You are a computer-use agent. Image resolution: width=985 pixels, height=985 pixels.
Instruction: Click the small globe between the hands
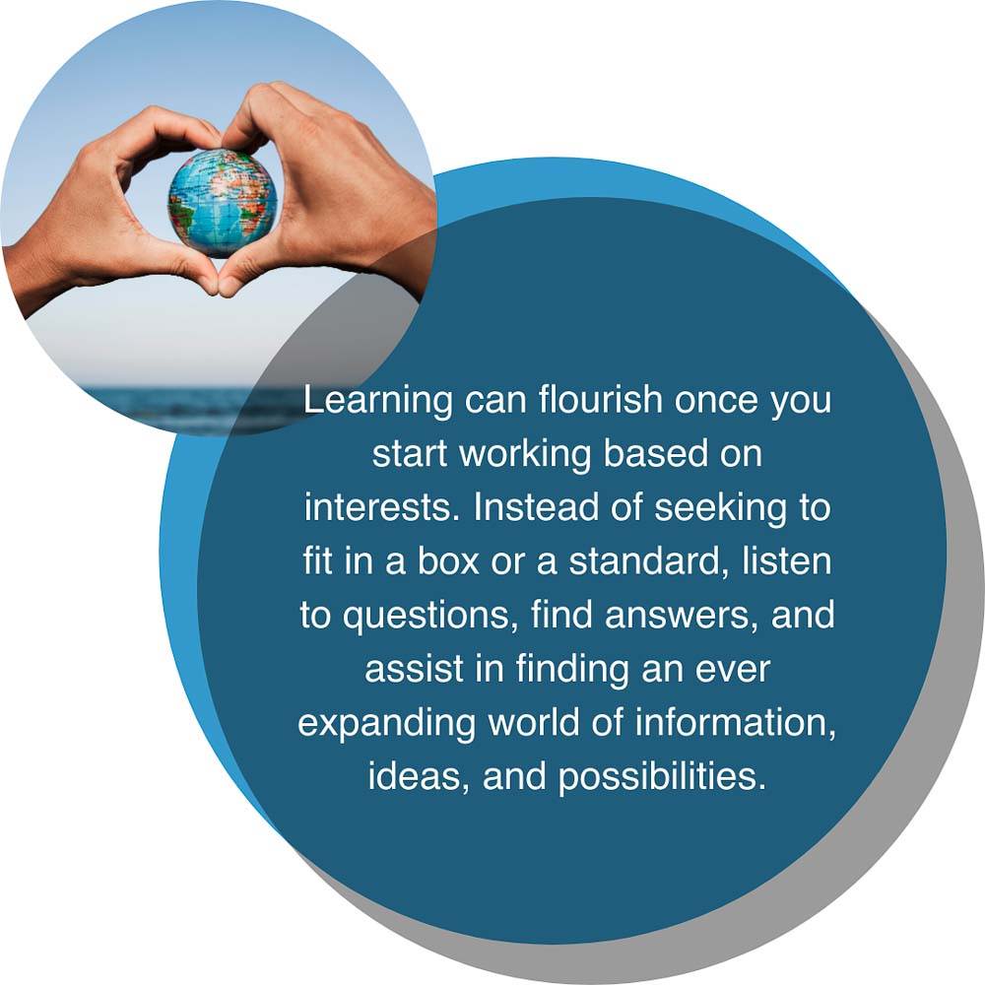coord(223,202)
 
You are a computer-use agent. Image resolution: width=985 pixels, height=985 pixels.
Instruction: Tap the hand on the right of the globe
coord(327,188)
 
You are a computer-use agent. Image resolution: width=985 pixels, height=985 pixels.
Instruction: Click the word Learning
coord(377,402)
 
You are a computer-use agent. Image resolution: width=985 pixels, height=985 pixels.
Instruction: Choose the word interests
coord(379,507)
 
